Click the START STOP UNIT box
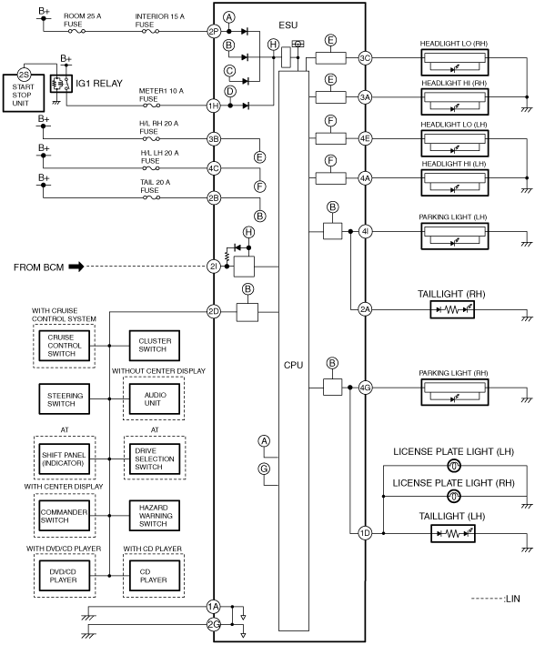pyautogui.click(x=24, y=93)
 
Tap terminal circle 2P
pyautogui.click(x=214, y=31)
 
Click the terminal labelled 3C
pyautogui.click(x=365, y=58)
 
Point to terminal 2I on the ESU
pyautogui.click(x=214, y=267)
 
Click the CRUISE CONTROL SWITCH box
pyautogui.click(x=65, y=346)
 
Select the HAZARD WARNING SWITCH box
pyautogui.click(x=155, y=516)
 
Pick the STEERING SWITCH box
pyautogui.click(x=65, y=399)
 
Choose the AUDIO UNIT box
pyautogui.click(x=155, y=399)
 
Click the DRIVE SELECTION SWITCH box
pyautogui.click(x=155, y=459)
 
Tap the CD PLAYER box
pyautogui.click(x=155, y=576)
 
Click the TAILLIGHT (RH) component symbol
pyautogui.click(x=452, y=309)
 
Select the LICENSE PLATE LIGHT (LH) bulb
pyautogui.click(x=453, y=466)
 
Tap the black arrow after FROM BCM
pyautogui.click(x=76, y=267)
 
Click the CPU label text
pyautogui.click(x=293, y=365)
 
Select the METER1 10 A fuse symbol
pyautogui.click(x=151, y=106)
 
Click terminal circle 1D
pyautogui.click(x=365, y=533)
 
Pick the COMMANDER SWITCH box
pyautogui.click(x=65, y=516)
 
